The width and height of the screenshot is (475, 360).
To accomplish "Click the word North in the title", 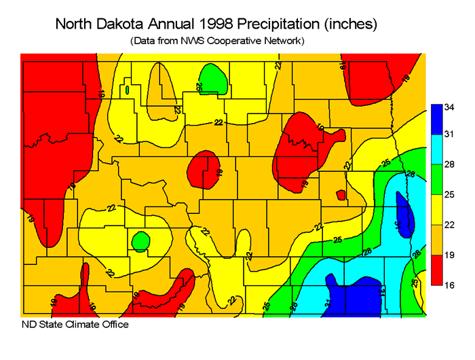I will [75, 24].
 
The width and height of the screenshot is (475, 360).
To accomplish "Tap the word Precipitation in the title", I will [279, 24].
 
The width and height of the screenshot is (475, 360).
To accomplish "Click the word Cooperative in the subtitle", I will [233, 41].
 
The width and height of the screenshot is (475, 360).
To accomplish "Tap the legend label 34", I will [450, 107].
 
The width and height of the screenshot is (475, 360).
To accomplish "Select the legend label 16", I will [450, 285].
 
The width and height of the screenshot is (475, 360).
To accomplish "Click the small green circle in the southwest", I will [140, 240].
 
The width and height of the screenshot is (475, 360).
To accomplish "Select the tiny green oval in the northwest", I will [127, 89].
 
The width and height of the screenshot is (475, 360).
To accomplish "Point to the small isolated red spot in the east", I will [341, 196].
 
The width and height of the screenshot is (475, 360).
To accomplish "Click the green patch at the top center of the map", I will [214, 79].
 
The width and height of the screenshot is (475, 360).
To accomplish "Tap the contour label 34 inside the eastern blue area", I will [400, 222].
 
